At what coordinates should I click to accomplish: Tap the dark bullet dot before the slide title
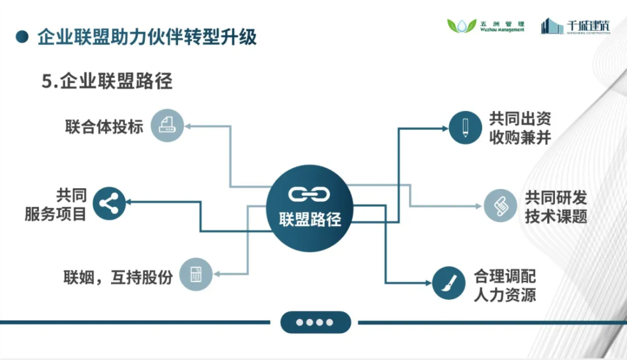(22, 37)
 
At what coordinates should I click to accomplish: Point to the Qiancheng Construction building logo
(552, 26)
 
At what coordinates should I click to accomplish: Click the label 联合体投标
(104, 125)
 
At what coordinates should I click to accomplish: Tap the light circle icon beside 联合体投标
(167, 124)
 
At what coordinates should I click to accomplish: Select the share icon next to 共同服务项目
(109, 204)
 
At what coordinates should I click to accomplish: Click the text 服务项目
(55, 214)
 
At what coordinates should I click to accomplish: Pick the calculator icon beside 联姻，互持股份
(195, 274)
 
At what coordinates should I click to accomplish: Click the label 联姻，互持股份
(118, 278)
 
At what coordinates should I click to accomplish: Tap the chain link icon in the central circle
(309, 193)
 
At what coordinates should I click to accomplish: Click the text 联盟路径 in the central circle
(309, 220)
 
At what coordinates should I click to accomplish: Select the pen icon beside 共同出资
(465, 127)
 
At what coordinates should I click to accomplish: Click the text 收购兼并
(520, 137)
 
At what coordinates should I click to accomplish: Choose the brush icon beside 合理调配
(449, 283)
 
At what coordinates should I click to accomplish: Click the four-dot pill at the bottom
(315, 322)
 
